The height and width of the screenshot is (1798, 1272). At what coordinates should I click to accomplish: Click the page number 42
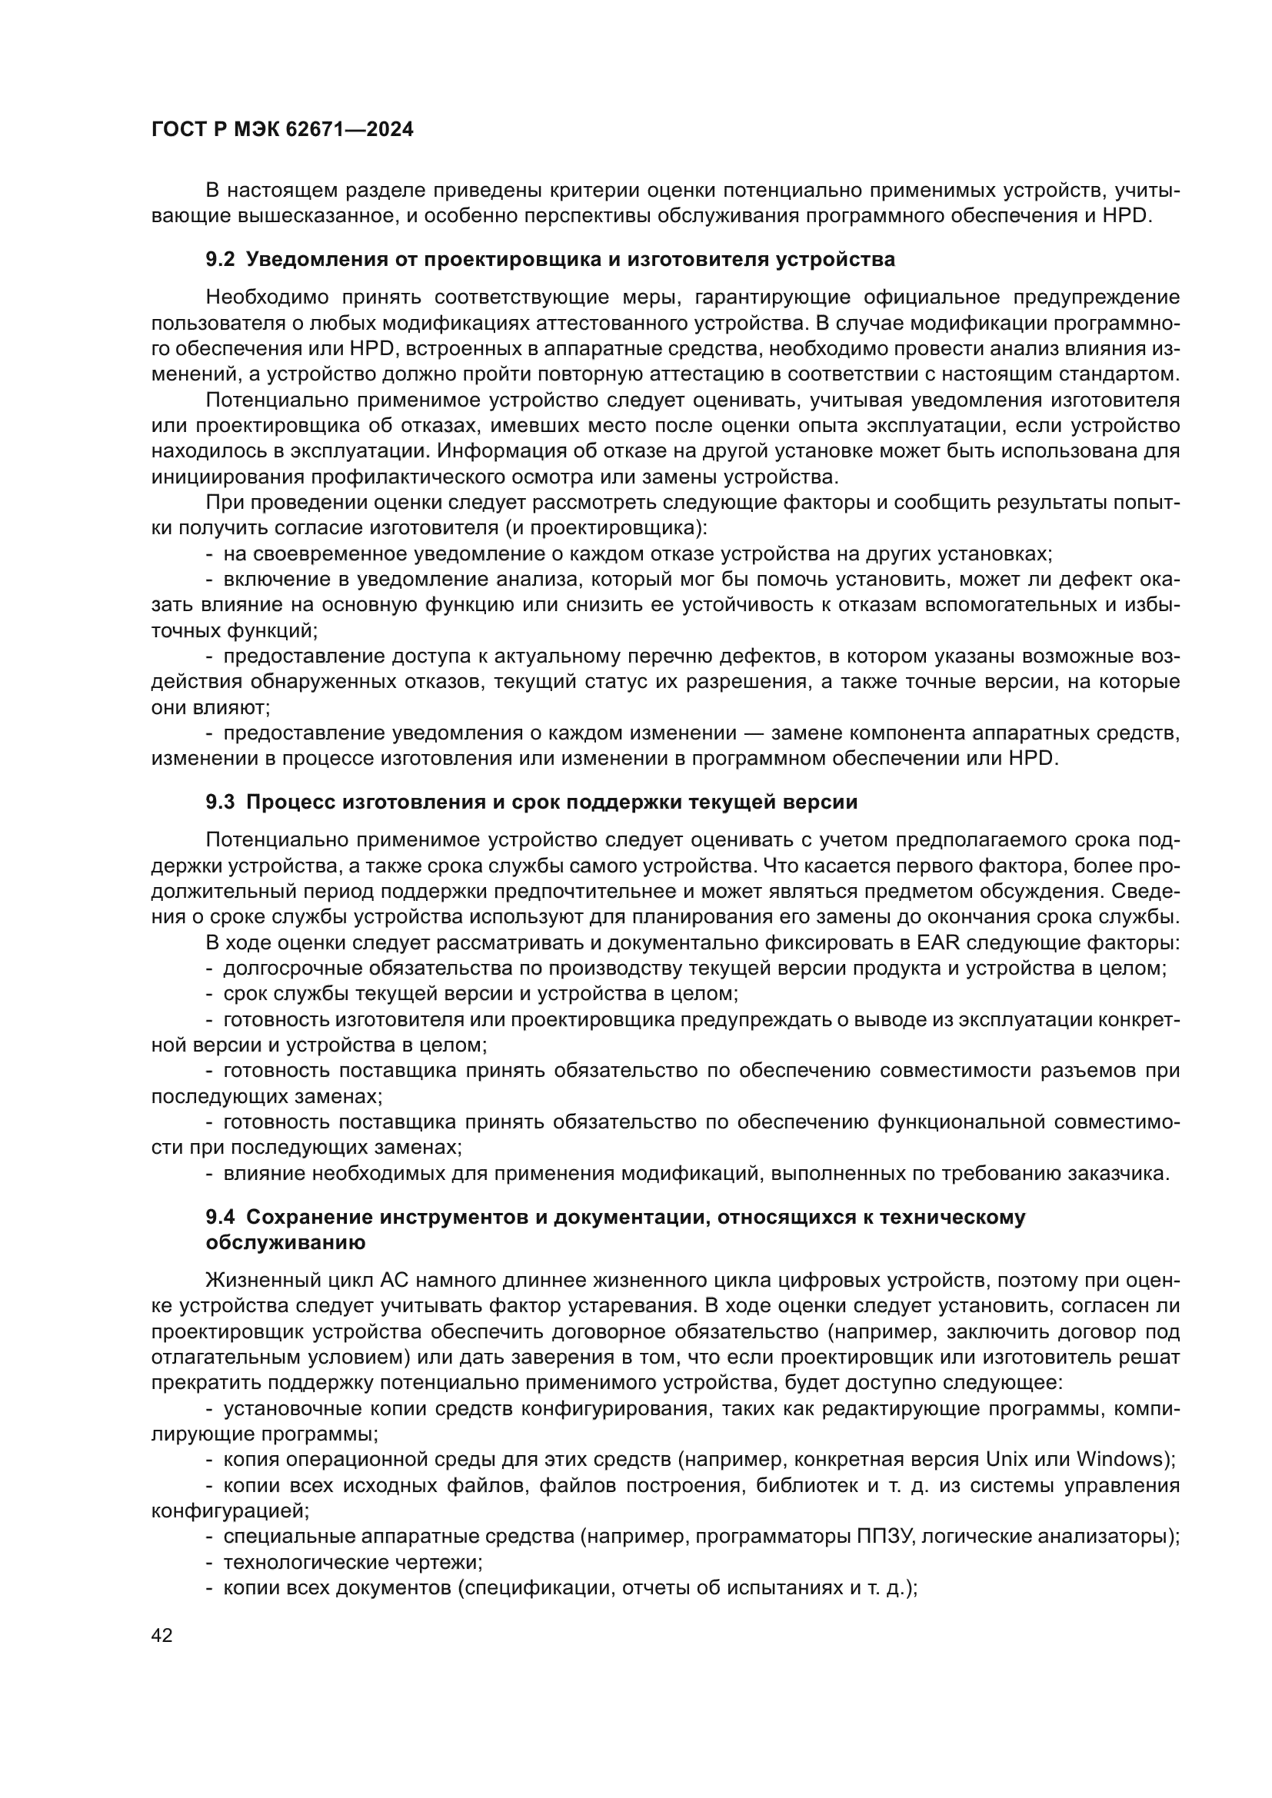coord(161,1635)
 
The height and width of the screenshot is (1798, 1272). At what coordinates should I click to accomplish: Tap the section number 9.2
coord(220,259)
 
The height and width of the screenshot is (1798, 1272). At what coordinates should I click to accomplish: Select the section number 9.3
coord(220,802)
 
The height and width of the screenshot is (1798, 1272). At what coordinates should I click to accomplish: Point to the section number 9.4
coord(220,1217)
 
